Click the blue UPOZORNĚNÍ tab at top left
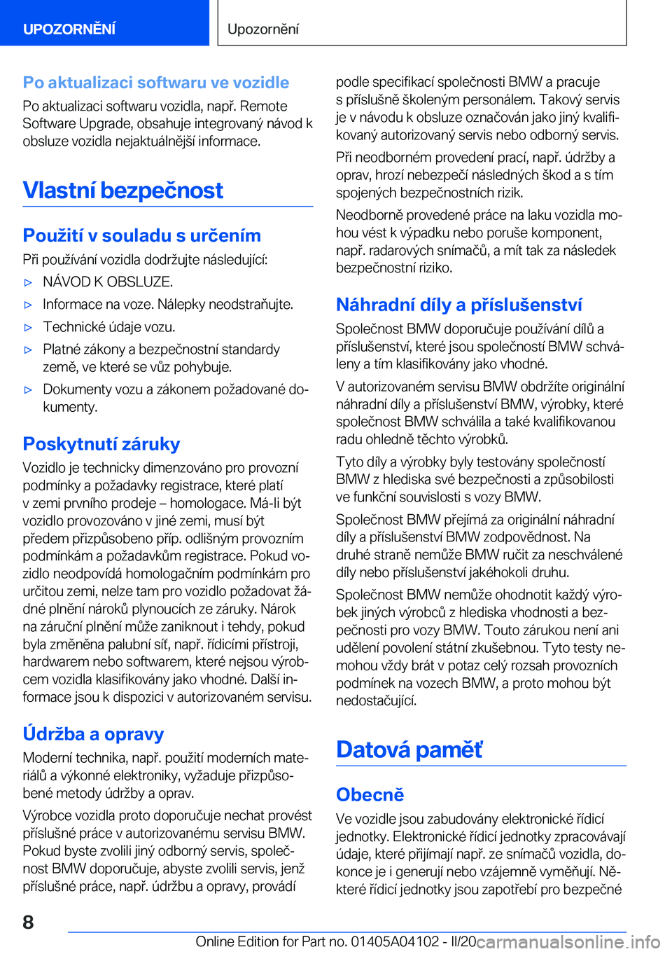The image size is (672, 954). (69, 29)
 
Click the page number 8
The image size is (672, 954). (28, 922)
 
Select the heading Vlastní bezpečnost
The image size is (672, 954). (123, 191)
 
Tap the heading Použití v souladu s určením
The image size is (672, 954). (142, 235)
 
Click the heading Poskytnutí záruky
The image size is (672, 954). (101, 444)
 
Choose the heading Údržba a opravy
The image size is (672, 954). (94, 734)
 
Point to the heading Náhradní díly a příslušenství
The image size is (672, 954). (459, 305)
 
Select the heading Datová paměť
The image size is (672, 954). (409, 749)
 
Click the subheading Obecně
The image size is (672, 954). (370, 795)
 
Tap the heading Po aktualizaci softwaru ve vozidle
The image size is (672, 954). (156, 83)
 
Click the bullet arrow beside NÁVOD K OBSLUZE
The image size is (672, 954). (29, 283)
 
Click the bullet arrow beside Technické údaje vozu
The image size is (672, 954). (29, 328)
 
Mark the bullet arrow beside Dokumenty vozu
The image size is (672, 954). (29, 390)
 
